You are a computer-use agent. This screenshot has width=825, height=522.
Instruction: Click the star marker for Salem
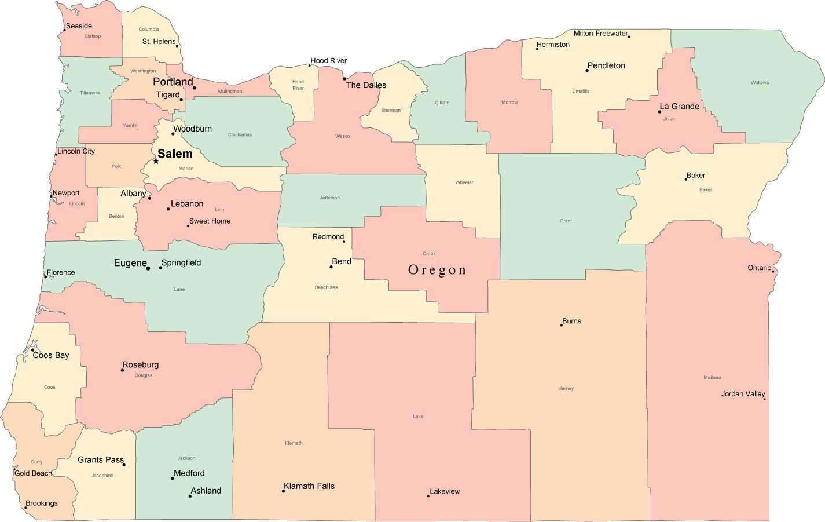click(156, 161)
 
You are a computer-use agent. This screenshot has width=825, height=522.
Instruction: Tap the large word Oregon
click(437, 270)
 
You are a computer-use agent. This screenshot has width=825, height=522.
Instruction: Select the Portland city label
click(173, 82)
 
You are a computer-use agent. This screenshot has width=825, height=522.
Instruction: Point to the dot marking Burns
click(561, 325)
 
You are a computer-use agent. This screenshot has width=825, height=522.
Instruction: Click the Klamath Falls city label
click(309, 486)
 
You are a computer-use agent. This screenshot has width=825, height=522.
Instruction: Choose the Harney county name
click(566, 388)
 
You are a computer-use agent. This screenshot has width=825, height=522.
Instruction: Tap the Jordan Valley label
click(743, 394)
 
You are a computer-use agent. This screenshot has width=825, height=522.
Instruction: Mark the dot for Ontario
click(773, 271)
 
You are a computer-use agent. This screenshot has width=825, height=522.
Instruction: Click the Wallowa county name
click(760, 82)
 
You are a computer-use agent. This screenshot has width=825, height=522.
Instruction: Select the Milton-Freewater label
click(600, 34)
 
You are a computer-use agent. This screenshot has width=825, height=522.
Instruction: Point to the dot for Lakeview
click(428, 496)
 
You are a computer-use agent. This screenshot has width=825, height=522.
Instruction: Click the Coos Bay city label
click(51, 355)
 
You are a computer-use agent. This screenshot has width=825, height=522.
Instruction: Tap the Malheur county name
click(712, 377)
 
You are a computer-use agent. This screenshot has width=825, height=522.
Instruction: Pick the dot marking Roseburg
click(122, 370)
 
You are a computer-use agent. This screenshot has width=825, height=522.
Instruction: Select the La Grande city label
click(680, 107)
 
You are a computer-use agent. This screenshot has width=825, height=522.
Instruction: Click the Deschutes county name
click(326, 287)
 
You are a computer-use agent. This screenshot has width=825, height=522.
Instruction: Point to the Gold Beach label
click(33, 473)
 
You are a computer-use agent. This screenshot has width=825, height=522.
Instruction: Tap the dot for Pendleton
click(587, 70)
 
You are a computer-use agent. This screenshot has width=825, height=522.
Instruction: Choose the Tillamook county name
click(90, 93)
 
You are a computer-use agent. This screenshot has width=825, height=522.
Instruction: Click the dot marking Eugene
click(148, 268)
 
